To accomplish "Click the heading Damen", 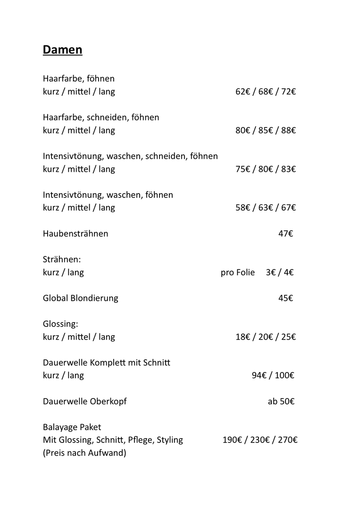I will click(62, 50).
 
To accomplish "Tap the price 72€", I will click(288, 92).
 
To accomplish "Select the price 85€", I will click(266, 130).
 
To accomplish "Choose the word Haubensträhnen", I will click(75, 234).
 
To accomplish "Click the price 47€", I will click(285, 234).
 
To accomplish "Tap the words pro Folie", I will click(237, 272).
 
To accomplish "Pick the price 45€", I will click(285, 298).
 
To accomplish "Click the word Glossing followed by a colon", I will click(60, 324).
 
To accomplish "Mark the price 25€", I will click(288, 337).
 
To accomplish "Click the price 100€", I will click(285, 376).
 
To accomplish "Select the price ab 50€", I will click(281, 402).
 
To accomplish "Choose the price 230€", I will click(260, 441).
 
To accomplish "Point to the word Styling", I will click(170, 441).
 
